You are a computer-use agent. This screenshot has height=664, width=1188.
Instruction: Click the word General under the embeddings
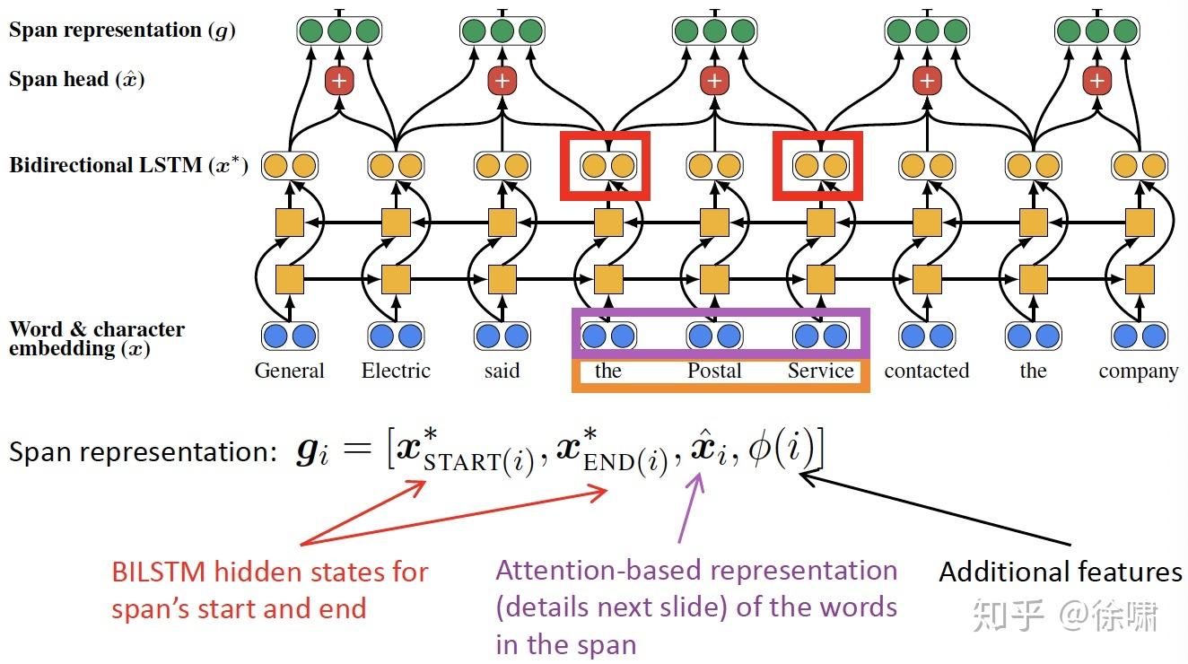click(289, 371)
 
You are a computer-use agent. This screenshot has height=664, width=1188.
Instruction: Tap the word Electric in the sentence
click(396, 371)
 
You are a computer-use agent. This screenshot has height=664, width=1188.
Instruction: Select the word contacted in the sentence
click(926, 371)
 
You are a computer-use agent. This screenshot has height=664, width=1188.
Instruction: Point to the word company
click(1138, 371)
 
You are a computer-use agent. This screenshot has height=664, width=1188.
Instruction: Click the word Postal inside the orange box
click(714, 371)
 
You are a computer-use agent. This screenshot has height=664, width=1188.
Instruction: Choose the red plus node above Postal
click(714, 82)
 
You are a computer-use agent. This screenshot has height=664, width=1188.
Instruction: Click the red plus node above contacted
click(927, 82)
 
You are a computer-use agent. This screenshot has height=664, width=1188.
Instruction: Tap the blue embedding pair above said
click(502, 336)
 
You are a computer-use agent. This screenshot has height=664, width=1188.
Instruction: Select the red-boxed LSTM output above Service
click(820, 165)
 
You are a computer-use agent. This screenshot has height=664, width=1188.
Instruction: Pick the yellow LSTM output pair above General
click(290, 165)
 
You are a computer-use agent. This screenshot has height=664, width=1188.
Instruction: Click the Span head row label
click(76, 79)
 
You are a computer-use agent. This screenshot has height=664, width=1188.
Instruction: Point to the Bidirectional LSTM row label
click(127, 166)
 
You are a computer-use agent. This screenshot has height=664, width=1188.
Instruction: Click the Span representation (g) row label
click(122, 30)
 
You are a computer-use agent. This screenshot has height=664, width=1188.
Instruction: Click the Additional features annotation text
click(1060, 572)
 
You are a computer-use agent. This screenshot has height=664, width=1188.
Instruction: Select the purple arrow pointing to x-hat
click(689, 507)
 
